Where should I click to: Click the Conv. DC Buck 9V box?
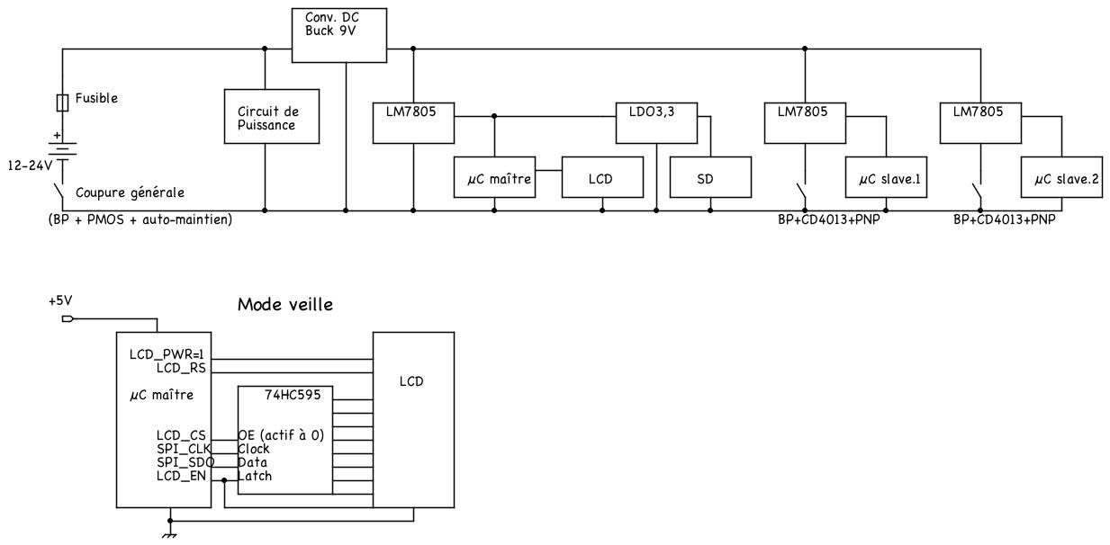coord(340,35)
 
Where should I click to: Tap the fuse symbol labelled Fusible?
coord(62,103)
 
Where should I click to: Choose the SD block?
coord(710,178)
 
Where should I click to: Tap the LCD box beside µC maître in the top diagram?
coord(601,178)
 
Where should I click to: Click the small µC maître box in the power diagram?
coord(493,178)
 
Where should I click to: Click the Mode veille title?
coord(284,305)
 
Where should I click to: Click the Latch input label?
coord(256,476)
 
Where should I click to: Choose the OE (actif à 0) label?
coord(280,435)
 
